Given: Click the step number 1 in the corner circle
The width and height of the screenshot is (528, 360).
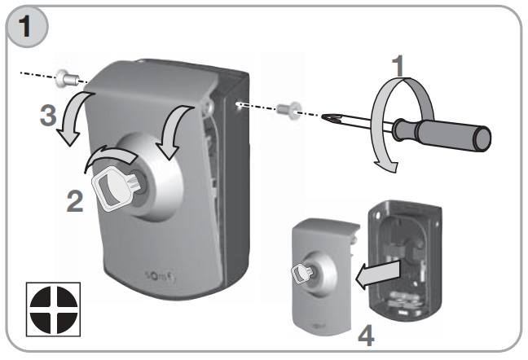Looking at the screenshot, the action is pyautogui.click(x=25, y=27).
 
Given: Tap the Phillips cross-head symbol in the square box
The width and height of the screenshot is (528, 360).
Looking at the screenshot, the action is pyautogui.click(x=54, y=310).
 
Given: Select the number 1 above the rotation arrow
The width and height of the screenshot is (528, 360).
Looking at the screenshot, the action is pyautogui.click(x=398, y=66).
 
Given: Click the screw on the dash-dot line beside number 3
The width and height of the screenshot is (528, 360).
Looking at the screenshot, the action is pyautogui.click(x=67, y=78).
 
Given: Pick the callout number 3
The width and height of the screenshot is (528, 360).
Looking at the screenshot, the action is pyautogui.click(x=48, y=116).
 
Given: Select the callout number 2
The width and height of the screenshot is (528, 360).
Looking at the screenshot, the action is pyautogui.click(x=75, y=201).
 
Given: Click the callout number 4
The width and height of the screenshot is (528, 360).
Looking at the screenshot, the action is pyautogui.click(x=366, y=336).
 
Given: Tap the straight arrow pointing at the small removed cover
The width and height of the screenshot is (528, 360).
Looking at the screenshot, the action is pyautogui.click(x=378, y=274).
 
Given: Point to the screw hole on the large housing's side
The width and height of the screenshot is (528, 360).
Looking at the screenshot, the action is pyautogui.click(x=238, y=104).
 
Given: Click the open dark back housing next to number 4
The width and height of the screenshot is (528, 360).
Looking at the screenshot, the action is pyautogui.click(x=405, y=260).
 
